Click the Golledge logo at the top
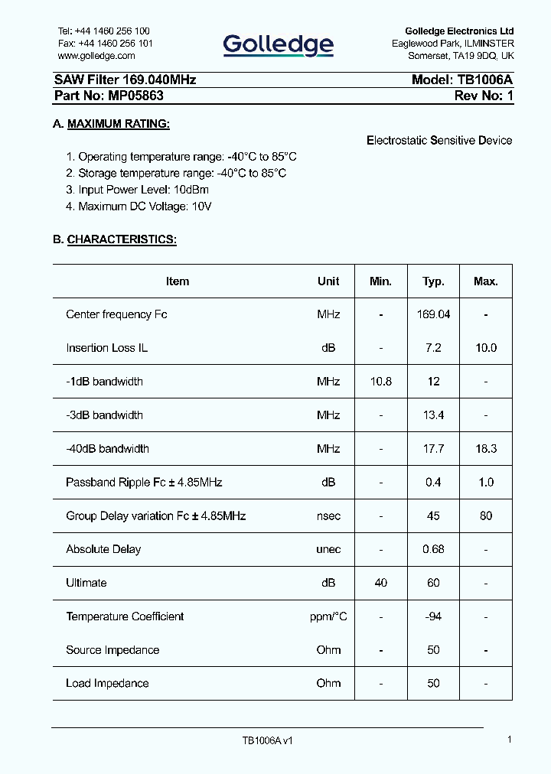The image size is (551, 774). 279,45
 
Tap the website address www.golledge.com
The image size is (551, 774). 96,56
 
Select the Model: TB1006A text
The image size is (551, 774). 461,80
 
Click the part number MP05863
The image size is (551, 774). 109,96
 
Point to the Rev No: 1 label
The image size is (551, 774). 484,96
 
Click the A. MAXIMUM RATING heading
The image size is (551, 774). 111,124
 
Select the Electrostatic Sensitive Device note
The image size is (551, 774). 439,141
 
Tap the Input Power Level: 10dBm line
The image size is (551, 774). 137,190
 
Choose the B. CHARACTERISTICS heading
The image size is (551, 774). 114,239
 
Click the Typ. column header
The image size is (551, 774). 433,281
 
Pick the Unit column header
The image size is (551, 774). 328,281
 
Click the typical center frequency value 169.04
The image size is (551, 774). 433,314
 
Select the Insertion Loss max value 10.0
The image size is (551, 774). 486,348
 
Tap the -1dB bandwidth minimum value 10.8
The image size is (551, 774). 380,382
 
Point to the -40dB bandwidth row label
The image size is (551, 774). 107,449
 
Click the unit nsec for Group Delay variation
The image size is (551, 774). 328,516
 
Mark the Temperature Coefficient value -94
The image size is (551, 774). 433,616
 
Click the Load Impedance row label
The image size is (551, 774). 107,684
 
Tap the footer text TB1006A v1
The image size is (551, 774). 267,741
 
